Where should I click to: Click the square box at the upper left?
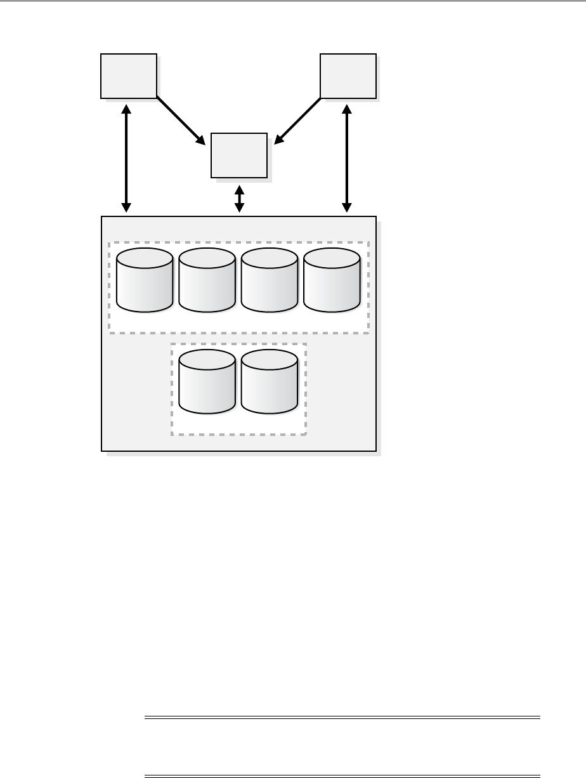[129, 76]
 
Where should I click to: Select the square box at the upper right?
[348, 76]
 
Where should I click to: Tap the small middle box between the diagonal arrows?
[238, 155]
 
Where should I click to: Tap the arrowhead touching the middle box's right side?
[277, 140]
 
